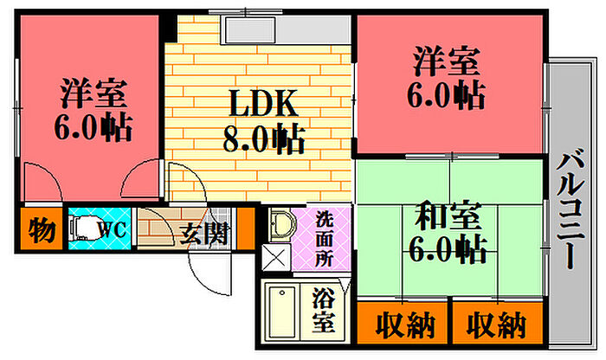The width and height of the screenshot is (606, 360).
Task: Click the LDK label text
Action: point(263,103)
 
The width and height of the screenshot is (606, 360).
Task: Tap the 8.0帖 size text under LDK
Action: point(263,139)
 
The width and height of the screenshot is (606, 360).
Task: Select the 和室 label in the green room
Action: point(448,215)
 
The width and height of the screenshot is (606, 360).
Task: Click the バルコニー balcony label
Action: point(570,209)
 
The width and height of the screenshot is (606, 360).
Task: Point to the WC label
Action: point(113,230)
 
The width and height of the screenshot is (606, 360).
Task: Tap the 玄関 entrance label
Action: point(204,234)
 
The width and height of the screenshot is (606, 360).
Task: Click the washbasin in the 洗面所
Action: point(282,225)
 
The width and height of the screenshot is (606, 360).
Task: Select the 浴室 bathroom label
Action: point(323,310)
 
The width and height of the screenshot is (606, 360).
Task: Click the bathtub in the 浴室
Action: point(282,312)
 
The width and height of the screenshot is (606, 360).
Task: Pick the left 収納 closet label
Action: point(405,325)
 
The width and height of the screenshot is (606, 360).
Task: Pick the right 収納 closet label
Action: point(496,325)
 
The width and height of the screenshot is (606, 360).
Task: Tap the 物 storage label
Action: point(42,230)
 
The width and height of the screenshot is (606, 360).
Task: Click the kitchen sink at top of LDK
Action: point(250,29)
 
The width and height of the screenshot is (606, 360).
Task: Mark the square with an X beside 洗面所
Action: point(276,257)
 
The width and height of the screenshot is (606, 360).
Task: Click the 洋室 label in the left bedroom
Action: point(93,93)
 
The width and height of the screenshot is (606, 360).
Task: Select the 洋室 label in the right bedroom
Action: point(447,61)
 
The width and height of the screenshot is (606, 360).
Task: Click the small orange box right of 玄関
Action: point(246,228)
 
